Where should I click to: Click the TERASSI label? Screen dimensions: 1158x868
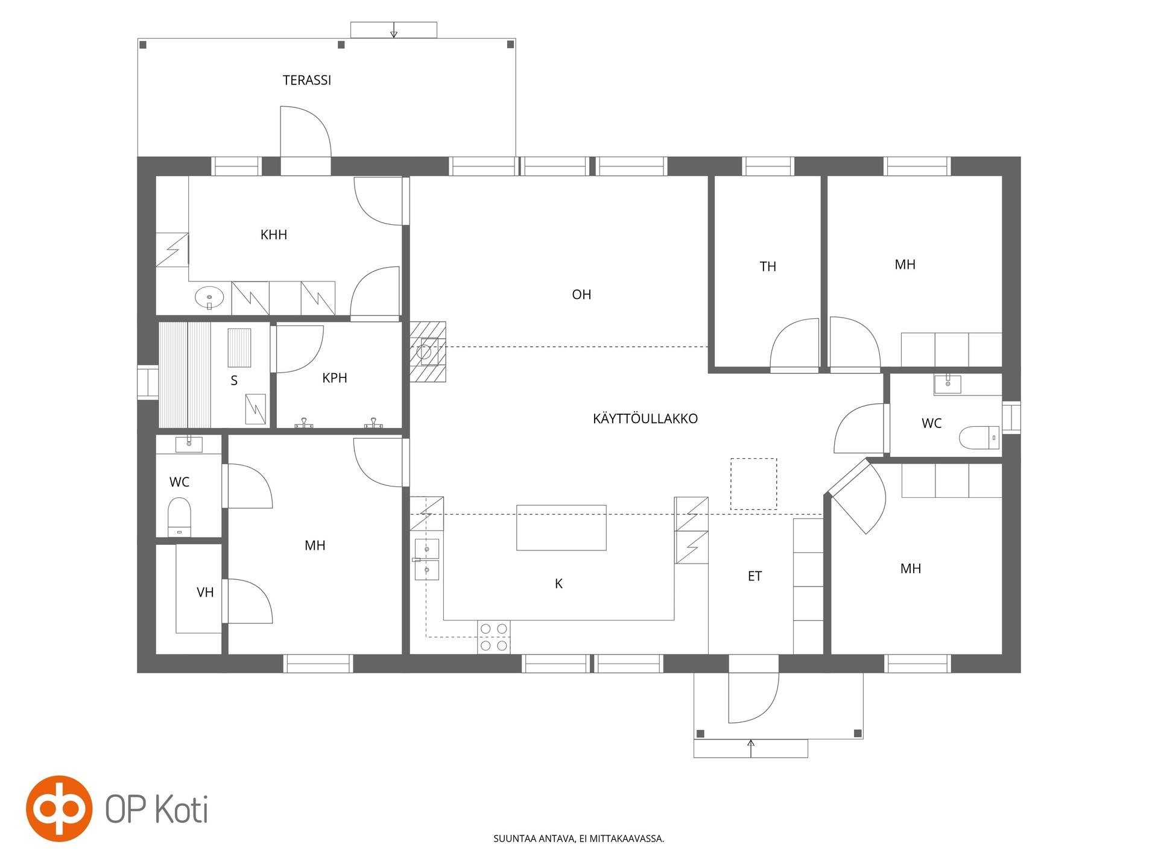coord(307,80)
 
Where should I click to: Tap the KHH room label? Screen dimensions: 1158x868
coord(274,234)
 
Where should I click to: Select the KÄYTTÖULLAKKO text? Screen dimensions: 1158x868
coord(645,418)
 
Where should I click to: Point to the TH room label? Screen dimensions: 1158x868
coord(768,266)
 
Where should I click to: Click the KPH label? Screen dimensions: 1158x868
coord(335,378)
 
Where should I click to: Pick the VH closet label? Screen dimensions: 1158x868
coord(205,593)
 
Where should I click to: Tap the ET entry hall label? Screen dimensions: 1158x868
coord(755,576)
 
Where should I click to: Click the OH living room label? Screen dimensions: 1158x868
coord(581,294)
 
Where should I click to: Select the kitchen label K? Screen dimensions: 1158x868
coord(558,583)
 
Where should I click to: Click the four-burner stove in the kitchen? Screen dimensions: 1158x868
coord(494,637)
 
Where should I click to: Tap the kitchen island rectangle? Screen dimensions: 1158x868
coord(562,528)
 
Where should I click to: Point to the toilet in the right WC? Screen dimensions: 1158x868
coord(979,438)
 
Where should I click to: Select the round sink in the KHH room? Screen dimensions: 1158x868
coord(209,297)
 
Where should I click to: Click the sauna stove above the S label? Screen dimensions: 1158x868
coord(239,348)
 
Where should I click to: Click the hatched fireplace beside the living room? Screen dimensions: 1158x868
coord(428,352)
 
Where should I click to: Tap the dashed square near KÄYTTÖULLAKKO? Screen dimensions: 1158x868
coord(754,484)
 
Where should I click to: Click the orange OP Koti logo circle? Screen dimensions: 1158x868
coord(59,808)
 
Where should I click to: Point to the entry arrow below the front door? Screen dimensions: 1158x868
coord(751,747)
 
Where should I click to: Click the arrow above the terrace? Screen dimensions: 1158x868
coord(394,30)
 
